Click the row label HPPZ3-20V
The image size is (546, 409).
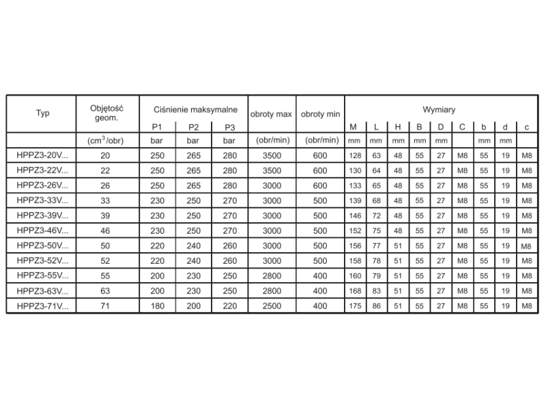pos(42,155)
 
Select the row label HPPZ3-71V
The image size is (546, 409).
pos(42,307)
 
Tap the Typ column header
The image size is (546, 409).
pos(42,114)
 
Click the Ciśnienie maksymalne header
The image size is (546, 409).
pos(195,109)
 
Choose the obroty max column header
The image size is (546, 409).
pos(272,114)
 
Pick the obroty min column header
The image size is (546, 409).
pos(320,114)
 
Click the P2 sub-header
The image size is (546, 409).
pos(193,127)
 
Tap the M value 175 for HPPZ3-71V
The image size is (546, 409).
pos(354,307)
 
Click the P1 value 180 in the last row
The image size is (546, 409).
pos(157,307)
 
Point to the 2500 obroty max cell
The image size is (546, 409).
pos(272,307)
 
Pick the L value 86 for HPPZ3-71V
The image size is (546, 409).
pos(376,307)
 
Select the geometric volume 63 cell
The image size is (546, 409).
pos(104,292)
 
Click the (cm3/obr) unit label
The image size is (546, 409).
pos(104,140)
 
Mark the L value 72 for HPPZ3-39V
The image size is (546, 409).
pos(376,215)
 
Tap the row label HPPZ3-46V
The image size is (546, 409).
pos(42,231)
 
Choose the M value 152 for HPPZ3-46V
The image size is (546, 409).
pos(354,231)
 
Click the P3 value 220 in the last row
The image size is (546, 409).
pos(230,307)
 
